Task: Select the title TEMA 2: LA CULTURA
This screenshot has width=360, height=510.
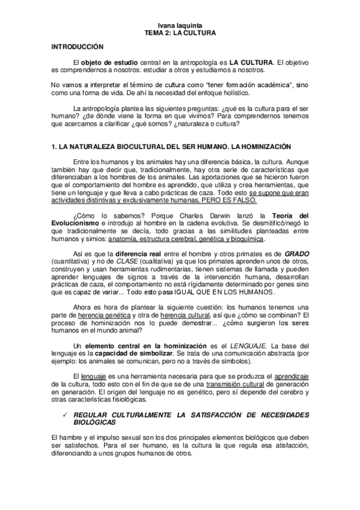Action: [180, 34]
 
